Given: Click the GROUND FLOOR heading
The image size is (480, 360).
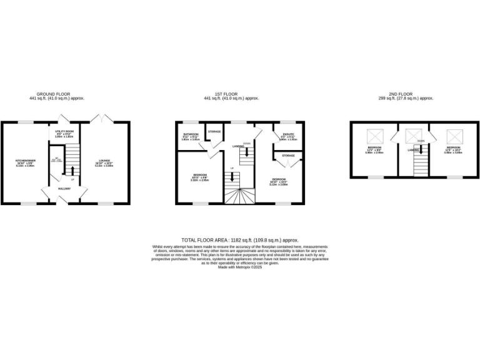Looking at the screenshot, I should [x=57, y=95].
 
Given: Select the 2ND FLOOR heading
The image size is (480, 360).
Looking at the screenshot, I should [x=406, y=95].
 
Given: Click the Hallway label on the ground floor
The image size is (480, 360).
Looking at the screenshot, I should [x=64, y=188].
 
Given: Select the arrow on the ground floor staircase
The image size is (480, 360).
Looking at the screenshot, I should [x=72, y=171].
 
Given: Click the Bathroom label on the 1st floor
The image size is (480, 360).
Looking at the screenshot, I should [x=190, y=134].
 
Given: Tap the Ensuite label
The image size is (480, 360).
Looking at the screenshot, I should [x=287, y=134].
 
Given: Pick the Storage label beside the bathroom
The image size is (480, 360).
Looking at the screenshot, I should [x=214, y=131].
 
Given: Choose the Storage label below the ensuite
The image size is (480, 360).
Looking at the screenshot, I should [x=288, y=155].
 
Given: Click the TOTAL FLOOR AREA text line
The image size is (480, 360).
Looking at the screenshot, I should [x=240, y=240].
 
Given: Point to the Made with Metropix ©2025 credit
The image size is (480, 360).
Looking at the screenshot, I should [x=240, y=267].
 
